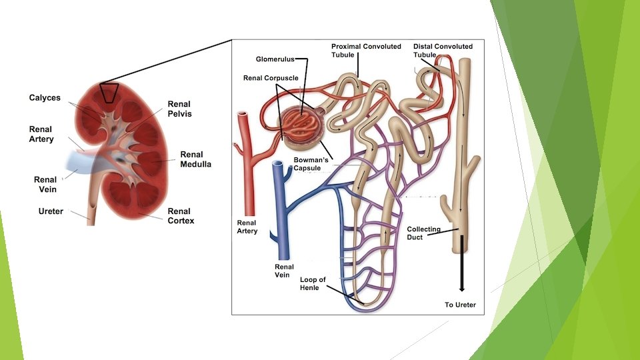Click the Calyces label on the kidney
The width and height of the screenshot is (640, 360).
point(45,98)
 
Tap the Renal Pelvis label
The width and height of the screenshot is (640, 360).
point(179,109)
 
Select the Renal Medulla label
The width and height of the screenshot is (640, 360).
point(195,159)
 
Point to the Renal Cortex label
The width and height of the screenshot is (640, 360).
point(181,215)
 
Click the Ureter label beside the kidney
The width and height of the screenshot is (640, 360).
point(51,211)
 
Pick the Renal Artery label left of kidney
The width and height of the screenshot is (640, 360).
point(41,134)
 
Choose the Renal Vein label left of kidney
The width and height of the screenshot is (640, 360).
point(45,184)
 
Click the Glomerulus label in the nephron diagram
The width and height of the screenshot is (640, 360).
point(275,59)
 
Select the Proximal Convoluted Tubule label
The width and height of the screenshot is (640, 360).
point(366,51)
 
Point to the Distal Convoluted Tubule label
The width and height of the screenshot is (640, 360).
point(443,51)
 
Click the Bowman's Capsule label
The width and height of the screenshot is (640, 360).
point(307,164)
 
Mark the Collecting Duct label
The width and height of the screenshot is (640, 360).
point(423,233)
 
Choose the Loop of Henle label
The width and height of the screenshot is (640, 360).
point(313,283)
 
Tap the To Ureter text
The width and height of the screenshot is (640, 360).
point(461,305)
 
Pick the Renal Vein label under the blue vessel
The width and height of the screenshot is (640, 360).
point(284,271)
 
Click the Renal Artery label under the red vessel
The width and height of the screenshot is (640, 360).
point(247,227)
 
